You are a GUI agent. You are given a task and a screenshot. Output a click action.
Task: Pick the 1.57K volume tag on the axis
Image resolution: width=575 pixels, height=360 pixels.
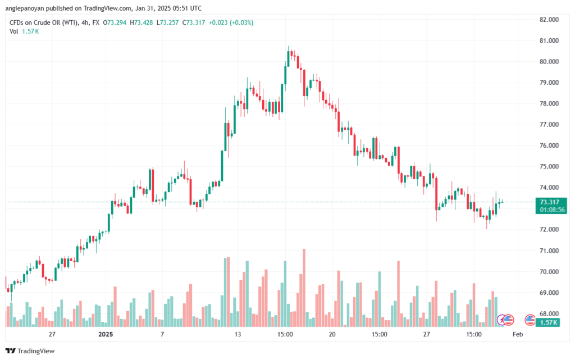pos(547,322)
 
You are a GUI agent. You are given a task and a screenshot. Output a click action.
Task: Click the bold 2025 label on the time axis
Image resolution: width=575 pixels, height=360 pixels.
pos(106,334)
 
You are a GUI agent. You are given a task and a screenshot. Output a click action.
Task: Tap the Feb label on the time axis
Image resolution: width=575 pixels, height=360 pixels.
pos(518,334)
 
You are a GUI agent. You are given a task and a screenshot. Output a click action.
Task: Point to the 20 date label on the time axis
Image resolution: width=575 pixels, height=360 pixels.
pos(332,334)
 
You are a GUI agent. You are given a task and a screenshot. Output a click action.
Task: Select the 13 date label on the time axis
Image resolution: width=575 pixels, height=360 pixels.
pos(238,334)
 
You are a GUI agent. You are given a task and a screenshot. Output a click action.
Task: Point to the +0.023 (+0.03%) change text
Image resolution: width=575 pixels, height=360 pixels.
pos(231,22)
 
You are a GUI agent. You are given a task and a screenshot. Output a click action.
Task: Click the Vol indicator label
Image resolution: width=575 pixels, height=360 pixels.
pos(14,31)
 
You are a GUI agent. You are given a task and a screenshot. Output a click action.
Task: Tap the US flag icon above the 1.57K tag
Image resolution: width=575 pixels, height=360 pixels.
pos(530,320)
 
